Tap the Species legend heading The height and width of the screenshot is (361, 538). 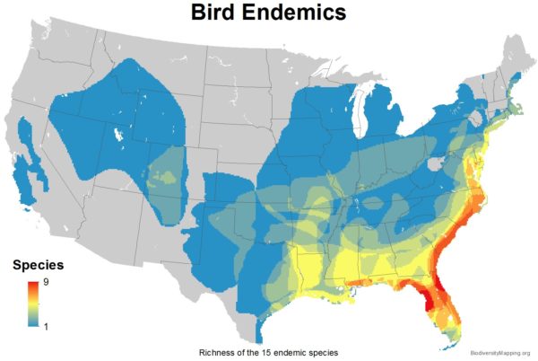pyautogui.click(x=37, y=266)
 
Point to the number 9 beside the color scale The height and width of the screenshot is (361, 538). pyautogui.click(x=46, y=284)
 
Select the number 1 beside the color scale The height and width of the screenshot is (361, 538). pyautogui.click(x=46, y=326)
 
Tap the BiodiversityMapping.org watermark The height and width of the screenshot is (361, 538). pyautogui.click(x=499, y=352)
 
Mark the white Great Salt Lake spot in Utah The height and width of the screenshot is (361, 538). pyautogui.click(x=117, y=136)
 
